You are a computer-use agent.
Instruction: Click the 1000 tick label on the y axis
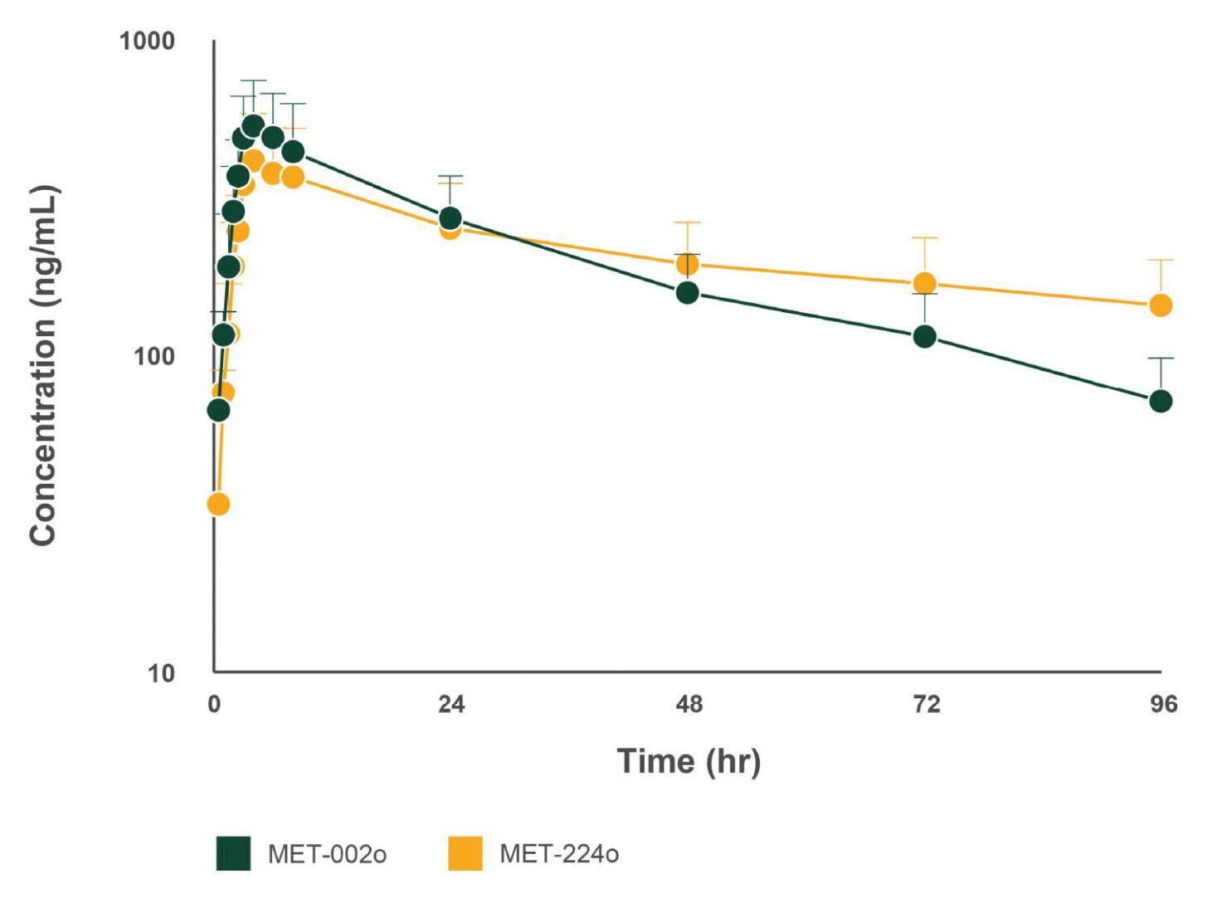[x=147, y=41]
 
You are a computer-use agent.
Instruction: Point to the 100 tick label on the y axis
[x=154, y=356]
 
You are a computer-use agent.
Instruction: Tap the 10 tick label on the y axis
[x=161, y=672]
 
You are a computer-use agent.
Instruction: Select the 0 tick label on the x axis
[x=214, y=705]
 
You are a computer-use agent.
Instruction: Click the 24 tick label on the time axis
[x=451, y=705]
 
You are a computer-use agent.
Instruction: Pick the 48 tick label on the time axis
[x=689, y=705]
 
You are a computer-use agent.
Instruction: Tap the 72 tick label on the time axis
[x=926, y=705]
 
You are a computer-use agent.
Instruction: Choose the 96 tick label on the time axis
[x=1163, y=705]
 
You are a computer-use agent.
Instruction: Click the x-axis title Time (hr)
[x=689, y=761]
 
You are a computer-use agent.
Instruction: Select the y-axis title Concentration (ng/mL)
[x=43, y=365]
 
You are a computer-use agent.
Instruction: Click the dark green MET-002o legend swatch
[x=233, y=853]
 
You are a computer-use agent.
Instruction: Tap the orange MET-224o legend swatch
[x=465, y=853]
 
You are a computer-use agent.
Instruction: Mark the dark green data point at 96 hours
[x=1161, y=401]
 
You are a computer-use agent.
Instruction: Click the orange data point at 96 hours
[x=1161, y=305]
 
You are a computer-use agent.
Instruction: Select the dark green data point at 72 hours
[x=924, y=336]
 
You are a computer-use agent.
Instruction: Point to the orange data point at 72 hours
[x=924, y=284]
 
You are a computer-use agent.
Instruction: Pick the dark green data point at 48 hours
[x=687, y=292]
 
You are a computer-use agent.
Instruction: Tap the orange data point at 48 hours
[x=687, y=265]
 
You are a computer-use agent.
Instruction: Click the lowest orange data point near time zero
[x=218, y=504]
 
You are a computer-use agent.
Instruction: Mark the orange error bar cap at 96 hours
[x=1161, y=260]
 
